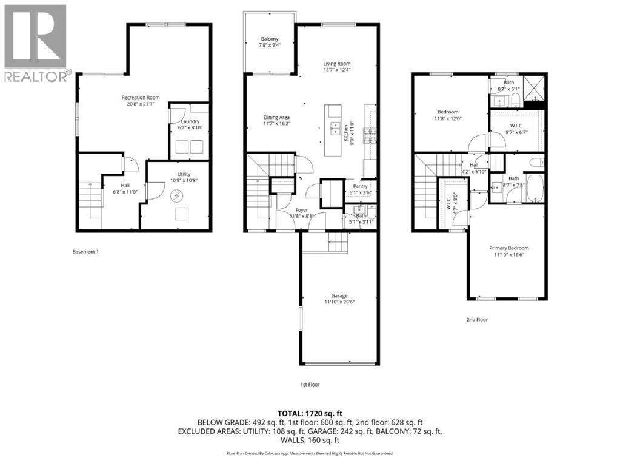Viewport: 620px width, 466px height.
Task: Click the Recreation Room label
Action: click(140, 98)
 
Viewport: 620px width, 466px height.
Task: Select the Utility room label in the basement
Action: click(175, 174)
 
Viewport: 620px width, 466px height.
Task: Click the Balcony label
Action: click(270, 39)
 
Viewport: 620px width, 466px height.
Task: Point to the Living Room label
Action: click(336, 64)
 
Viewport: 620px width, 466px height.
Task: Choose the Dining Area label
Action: click(276, 117)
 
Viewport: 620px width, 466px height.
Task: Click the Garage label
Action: click(335, 295)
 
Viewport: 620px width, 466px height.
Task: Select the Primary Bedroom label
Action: click(509, 248)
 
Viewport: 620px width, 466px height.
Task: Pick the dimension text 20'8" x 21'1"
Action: click(140, 104)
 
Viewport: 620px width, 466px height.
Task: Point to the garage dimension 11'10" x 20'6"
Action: click(335, 302)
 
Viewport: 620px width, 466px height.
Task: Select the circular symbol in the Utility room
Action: click(178, 195)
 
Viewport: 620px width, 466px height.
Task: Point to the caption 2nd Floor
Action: click(476, 319)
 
